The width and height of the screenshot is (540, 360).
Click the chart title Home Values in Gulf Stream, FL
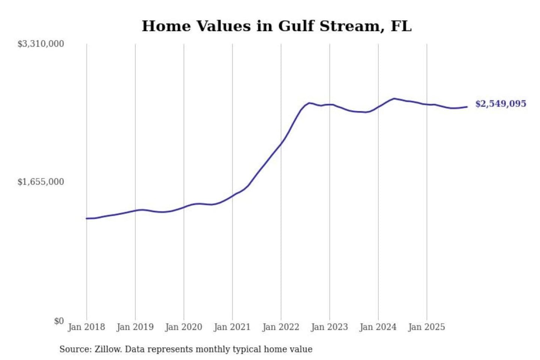pyautogui.click(x=276, y=26)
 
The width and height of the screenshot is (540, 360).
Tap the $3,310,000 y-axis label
pyautogui.click(x=40, y=44)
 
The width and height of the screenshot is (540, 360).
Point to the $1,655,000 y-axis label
pyautogui.click(x=40, y=182)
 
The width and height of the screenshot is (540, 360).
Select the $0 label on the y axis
pyautogui.click(x=58, y=321)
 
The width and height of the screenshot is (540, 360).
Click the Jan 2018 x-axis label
pyautogui.click(x=86, y=327)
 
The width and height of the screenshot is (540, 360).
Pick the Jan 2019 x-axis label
pyautogui.click(x=135, y=327)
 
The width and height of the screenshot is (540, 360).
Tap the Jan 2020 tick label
pyautogui.click(x=183, y=327)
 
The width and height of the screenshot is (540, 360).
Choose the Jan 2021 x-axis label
pyautogui.click(x=232, y=327)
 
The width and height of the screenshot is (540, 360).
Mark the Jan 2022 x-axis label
pyautogui.click(x=280, y=327)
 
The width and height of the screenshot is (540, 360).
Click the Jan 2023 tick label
pyautogui.click(x=329, y=327)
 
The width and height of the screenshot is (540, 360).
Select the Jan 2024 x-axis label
pyautogui.click(x=378, y=327)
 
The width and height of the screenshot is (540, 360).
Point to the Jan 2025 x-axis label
pyautogui.click(x=426, y=327)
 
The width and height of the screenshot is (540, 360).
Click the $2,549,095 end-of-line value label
pyautogui.click(x=501, y=104)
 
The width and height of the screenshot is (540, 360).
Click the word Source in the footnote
pyautogui.click(x=75, y=349)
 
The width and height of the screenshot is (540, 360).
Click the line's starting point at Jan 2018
pyautogui.click(x=87, y=218)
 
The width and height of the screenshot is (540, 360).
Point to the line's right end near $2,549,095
pyautogui.click(x=467, y=107)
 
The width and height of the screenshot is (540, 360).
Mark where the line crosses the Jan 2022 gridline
pyautogui.click(x=281, y=143)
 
